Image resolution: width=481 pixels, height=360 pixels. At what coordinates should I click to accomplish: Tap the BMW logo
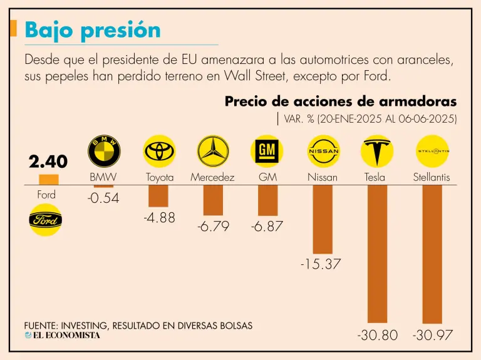(x=103, y=151)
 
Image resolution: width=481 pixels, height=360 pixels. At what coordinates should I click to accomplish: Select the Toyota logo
(x=159, y=151)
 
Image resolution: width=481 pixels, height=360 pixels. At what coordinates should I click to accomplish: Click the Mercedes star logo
(x=213, y=151)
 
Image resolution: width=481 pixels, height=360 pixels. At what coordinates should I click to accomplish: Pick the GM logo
(x=267, y=151)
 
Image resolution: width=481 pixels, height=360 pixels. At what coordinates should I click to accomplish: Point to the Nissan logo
(x=323, y=151)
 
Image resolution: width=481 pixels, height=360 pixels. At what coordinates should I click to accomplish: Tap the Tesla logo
(x=377, y=151)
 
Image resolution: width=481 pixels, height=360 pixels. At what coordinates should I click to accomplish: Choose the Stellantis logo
(x=432, y=151)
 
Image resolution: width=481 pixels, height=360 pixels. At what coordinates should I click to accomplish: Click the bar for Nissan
(x=323, y=219)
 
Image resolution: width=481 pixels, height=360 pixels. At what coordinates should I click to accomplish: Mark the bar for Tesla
(x=377, y=254)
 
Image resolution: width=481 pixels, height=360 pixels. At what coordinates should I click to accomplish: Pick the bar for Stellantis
(x=432, y=254)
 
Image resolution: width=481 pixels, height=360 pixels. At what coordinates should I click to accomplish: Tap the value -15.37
(x=321, y=264)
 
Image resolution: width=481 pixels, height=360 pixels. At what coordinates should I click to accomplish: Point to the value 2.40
(x=48, y=162)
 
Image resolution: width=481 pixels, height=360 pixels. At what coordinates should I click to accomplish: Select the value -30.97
(x=433, y=336)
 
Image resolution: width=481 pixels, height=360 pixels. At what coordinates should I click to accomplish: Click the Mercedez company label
(x=212, y=177)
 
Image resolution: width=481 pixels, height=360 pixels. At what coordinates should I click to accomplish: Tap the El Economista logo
(x=62, y=336)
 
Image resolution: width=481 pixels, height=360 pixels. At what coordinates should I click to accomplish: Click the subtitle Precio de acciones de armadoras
(x=341, y=101)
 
